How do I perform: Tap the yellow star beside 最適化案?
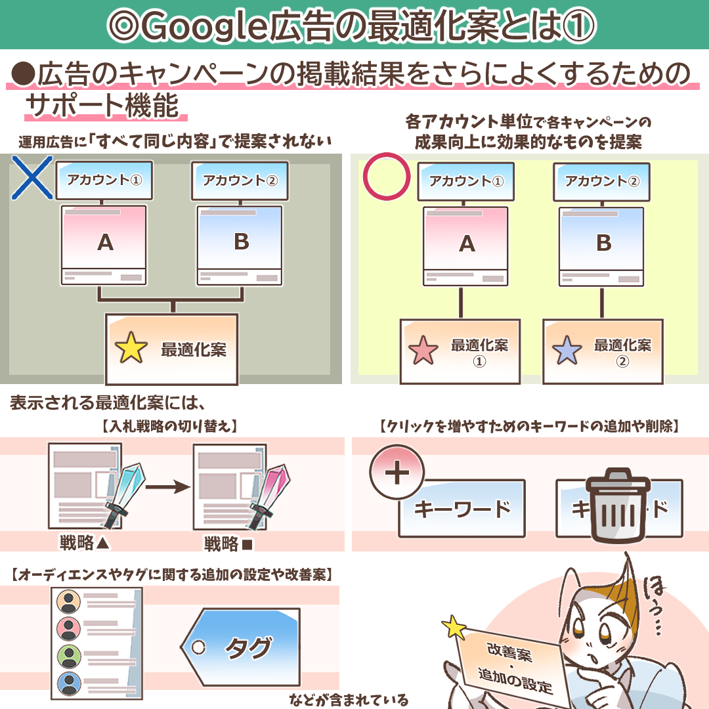131,349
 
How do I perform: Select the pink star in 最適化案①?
422,351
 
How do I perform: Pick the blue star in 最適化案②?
567,351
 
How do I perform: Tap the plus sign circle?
397,474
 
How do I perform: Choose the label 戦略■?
228,544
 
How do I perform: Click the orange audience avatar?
68,601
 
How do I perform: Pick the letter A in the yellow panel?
467,244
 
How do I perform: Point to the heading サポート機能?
102,106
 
